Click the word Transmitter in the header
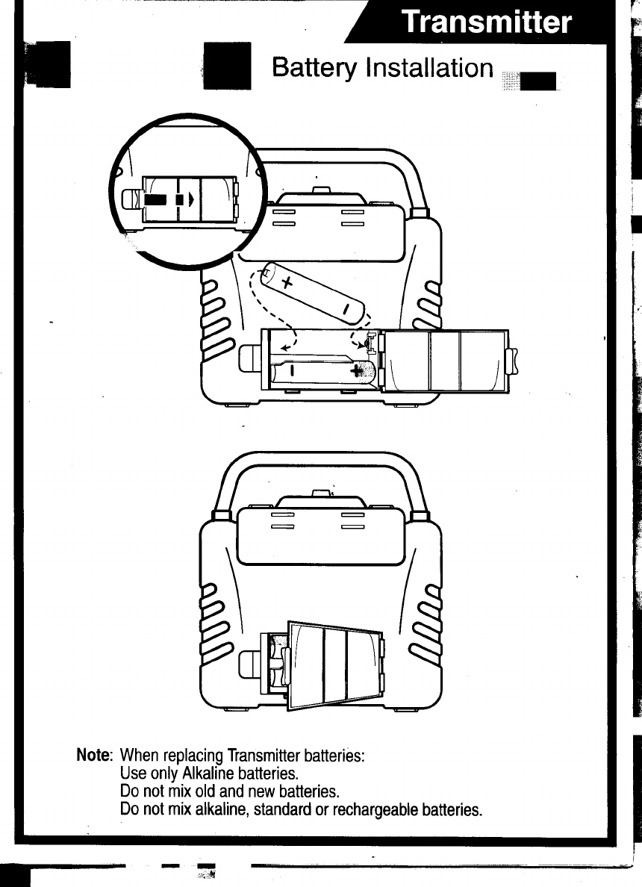(x=486, y=22)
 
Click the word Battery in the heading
(x=315, y=68)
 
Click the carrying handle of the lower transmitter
(x=321, y=461)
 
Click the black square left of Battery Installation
(x=228, y=65)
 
